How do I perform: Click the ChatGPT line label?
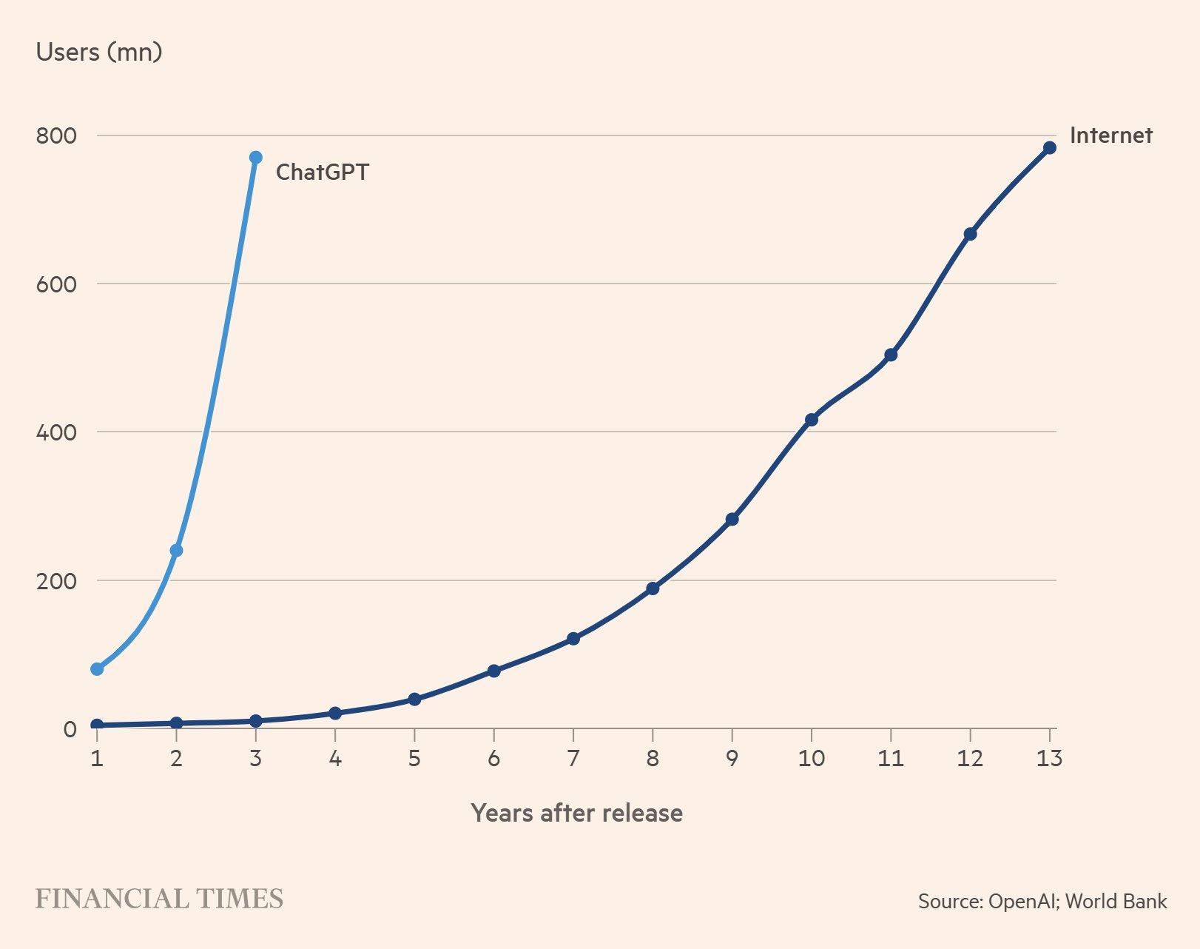(x=322, y=172)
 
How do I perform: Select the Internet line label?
(x=1110, y=135)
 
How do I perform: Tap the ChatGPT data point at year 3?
(x=255, y=158)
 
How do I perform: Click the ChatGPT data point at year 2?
(x=176, y=551)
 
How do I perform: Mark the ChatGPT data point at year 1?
(x=97, y=669)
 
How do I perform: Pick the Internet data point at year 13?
(x=1049, y=148)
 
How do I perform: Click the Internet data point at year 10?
(x=811, y=420)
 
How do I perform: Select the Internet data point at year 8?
(x=653, y=588)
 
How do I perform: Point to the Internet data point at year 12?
(x=970, y=234)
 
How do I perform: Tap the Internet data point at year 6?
(x=493, y=671)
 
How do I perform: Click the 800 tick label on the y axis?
(x=56, y=136)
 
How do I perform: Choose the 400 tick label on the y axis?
(x=56, y=432)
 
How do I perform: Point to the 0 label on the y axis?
(x=70, y=730)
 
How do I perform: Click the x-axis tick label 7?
(x=573, y=759)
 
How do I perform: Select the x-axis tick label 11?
(x=890, y=759)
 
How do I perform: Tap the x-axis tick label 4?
(x=334, y=759)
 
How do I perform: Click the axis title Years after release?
(x=576, y=813)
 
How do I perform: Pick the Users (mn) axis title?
(x=99, y=52)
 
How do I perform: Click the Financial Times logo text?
(x=159, y=899)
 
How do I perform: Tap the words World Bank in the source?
(x=1116, y=901)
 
